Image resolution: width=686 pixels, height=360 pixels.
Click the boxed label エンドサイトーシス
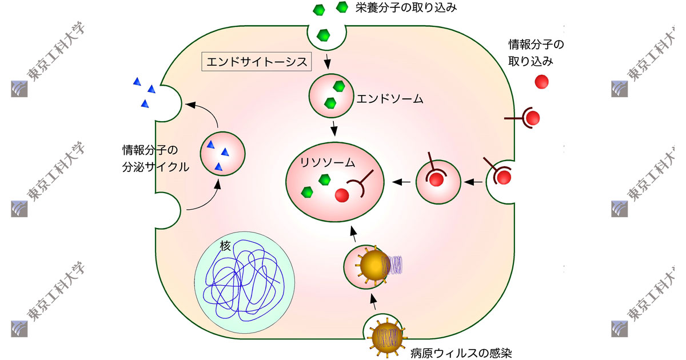(x=256, y=61)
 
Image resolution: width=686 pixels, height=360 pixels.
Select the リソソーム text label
(x=328, y=162)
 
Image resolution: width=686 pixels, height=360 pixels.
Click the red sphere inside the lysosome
(x=342, y=195)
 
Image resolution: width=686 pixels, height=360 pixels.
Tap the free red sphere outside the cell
(x=541, y=82)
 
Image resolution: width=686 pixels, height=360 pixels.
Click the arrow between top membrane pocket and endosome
(x=328, y=60)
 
